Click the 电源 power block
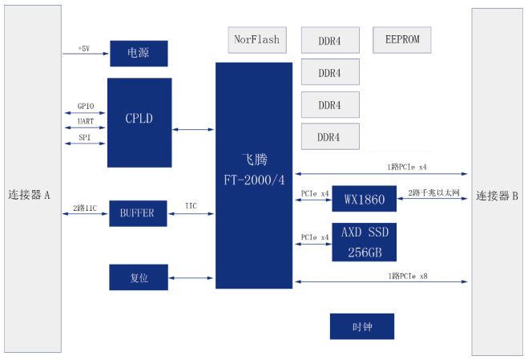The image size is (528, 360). (x=139, y=53)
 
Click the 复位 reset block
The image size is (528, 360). (x=139, y=277)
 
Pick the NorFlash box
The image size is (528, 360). (x=256, y=39)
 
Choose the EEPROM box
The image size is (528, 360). (x=401, y=39)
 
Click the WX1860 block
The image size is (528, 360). (x=365, y=198)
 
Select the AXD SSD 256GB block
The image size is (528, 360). (x=365, y=241)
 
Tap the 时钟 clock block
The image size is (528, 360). (x=362, y=327)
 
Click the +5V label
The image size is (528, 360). (x=84, y=49)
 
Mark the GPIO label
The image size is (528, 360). (x=86, y=106)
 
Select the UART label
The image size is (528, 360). (x=86, y=122)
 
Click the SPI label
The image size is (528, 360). (x=85, y=137)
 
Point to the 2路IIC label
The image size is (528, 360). (x=85, y=207)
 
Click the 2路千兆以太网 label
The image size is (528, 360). (x=433, y=193)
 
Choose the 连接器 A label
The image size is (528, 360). (x=30, y=194)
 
